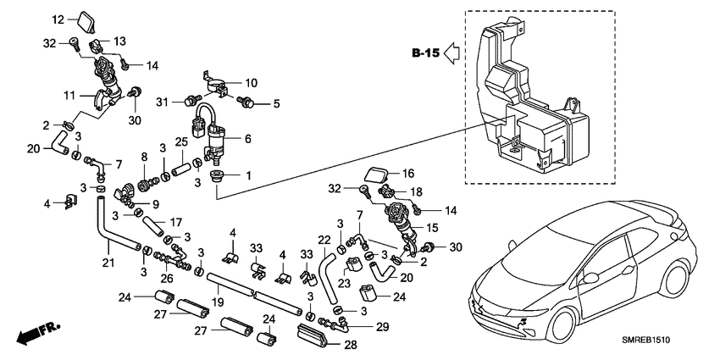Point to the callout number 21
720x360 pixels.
click(x=108, y=264)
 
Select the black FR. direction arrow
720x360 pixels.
click(x=32, y=333)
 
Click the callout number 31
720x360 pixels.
click(x=163, y=102)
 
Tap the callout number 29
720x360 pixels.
click(x=381, y=326)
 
